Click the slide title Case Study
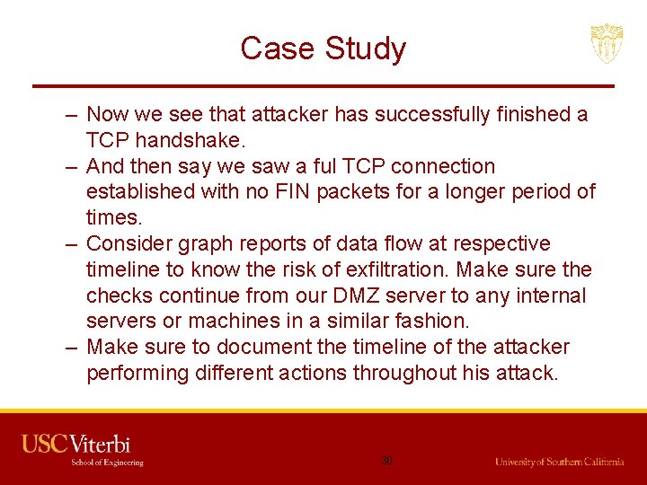point(323,48)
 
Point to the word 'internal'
point(551,295)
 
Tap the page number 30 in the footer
point(386,460)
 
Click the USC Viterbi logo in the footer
point(76,444)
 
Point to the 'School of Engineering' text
point(107,463)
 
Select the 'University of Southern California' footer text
point(559,462)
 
